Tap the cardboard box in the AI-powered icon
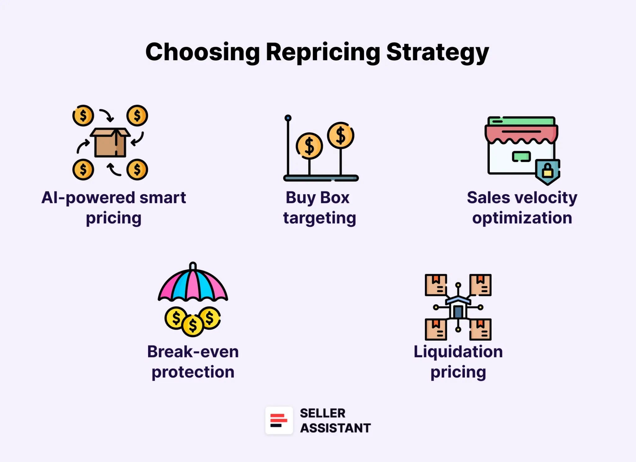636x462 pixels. pyautogui.click(x=110, y=143)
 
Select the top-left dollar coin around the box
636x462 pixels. pyautogui.click(x=83, y=115)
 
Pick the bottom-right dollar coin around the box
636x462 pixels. pyautogui.click(x=137, y=170)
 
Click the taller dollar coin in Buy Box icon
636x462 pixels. pyautogui.click(x=341, y=135)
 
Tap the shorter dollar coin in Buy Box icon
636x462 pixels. pyautogui.click(x=309, y=146)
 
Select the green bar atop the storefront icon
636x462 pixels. pyautogui.click(x=521, y=120)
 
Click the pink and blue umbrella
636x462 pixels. pyautogui.click(x=193, y=284)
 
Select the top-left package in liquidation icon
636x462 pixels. pyautogui.click(x=436, y=285)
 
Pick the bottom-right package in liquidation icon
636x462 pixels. pyautogui.click(x=480, y=329)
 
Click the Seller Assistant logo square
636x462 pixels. pyautogui.click(x=279, y=420)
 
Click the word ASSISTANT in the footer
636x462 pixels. pyautogui.click(x=335, y=428)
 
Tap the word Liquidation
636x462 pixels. pyautogui.click(x=458, y=352)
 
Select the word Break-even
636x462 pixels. pyautogui.click(x=193, y=352)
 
